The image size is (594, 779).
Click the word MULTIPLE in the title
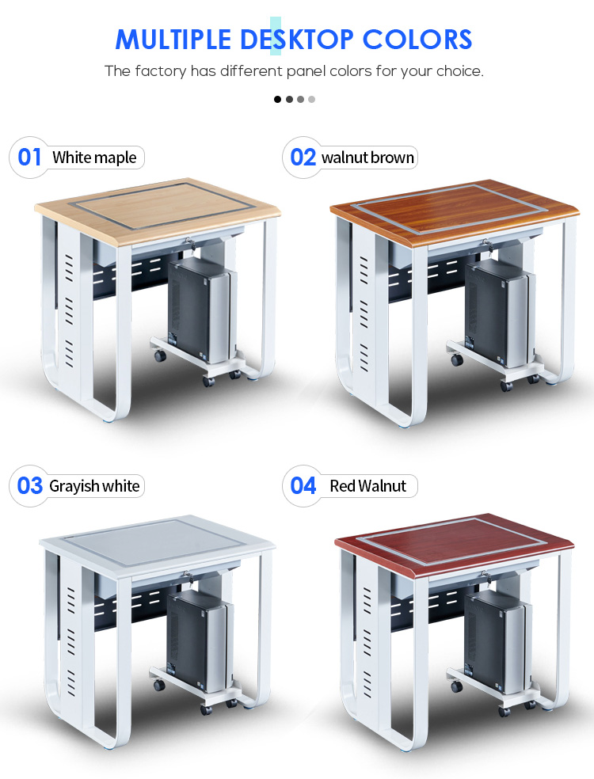point(173,40)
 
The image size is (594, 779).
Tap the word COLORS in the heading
point(417,40)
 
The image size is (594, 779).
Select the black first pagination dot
point(277,100)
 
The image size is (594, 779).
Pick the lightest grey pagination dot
point(312,100)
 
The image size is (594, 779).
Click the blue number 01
point(29,158)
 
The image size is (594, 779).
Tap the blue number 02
point(303,158)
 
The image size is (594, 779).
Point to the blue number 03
point(30,486)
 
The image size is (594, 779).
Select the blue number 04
point(303,486)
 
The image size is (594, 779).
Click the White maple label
point(94,158)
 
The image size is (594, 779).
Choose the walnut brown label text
point(367,158)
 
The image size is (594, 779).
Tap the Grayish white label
point(94,486)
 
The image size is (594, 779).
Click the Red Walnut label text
point(367,486)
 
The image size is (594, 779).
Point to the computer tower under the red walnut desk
point(497,641)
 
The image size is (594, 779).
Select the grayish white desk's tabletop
point(157,545)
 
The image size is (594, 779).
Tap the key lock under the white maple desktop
point(189,244)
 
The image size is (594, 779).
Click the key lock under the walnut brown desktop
point(487,245)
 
